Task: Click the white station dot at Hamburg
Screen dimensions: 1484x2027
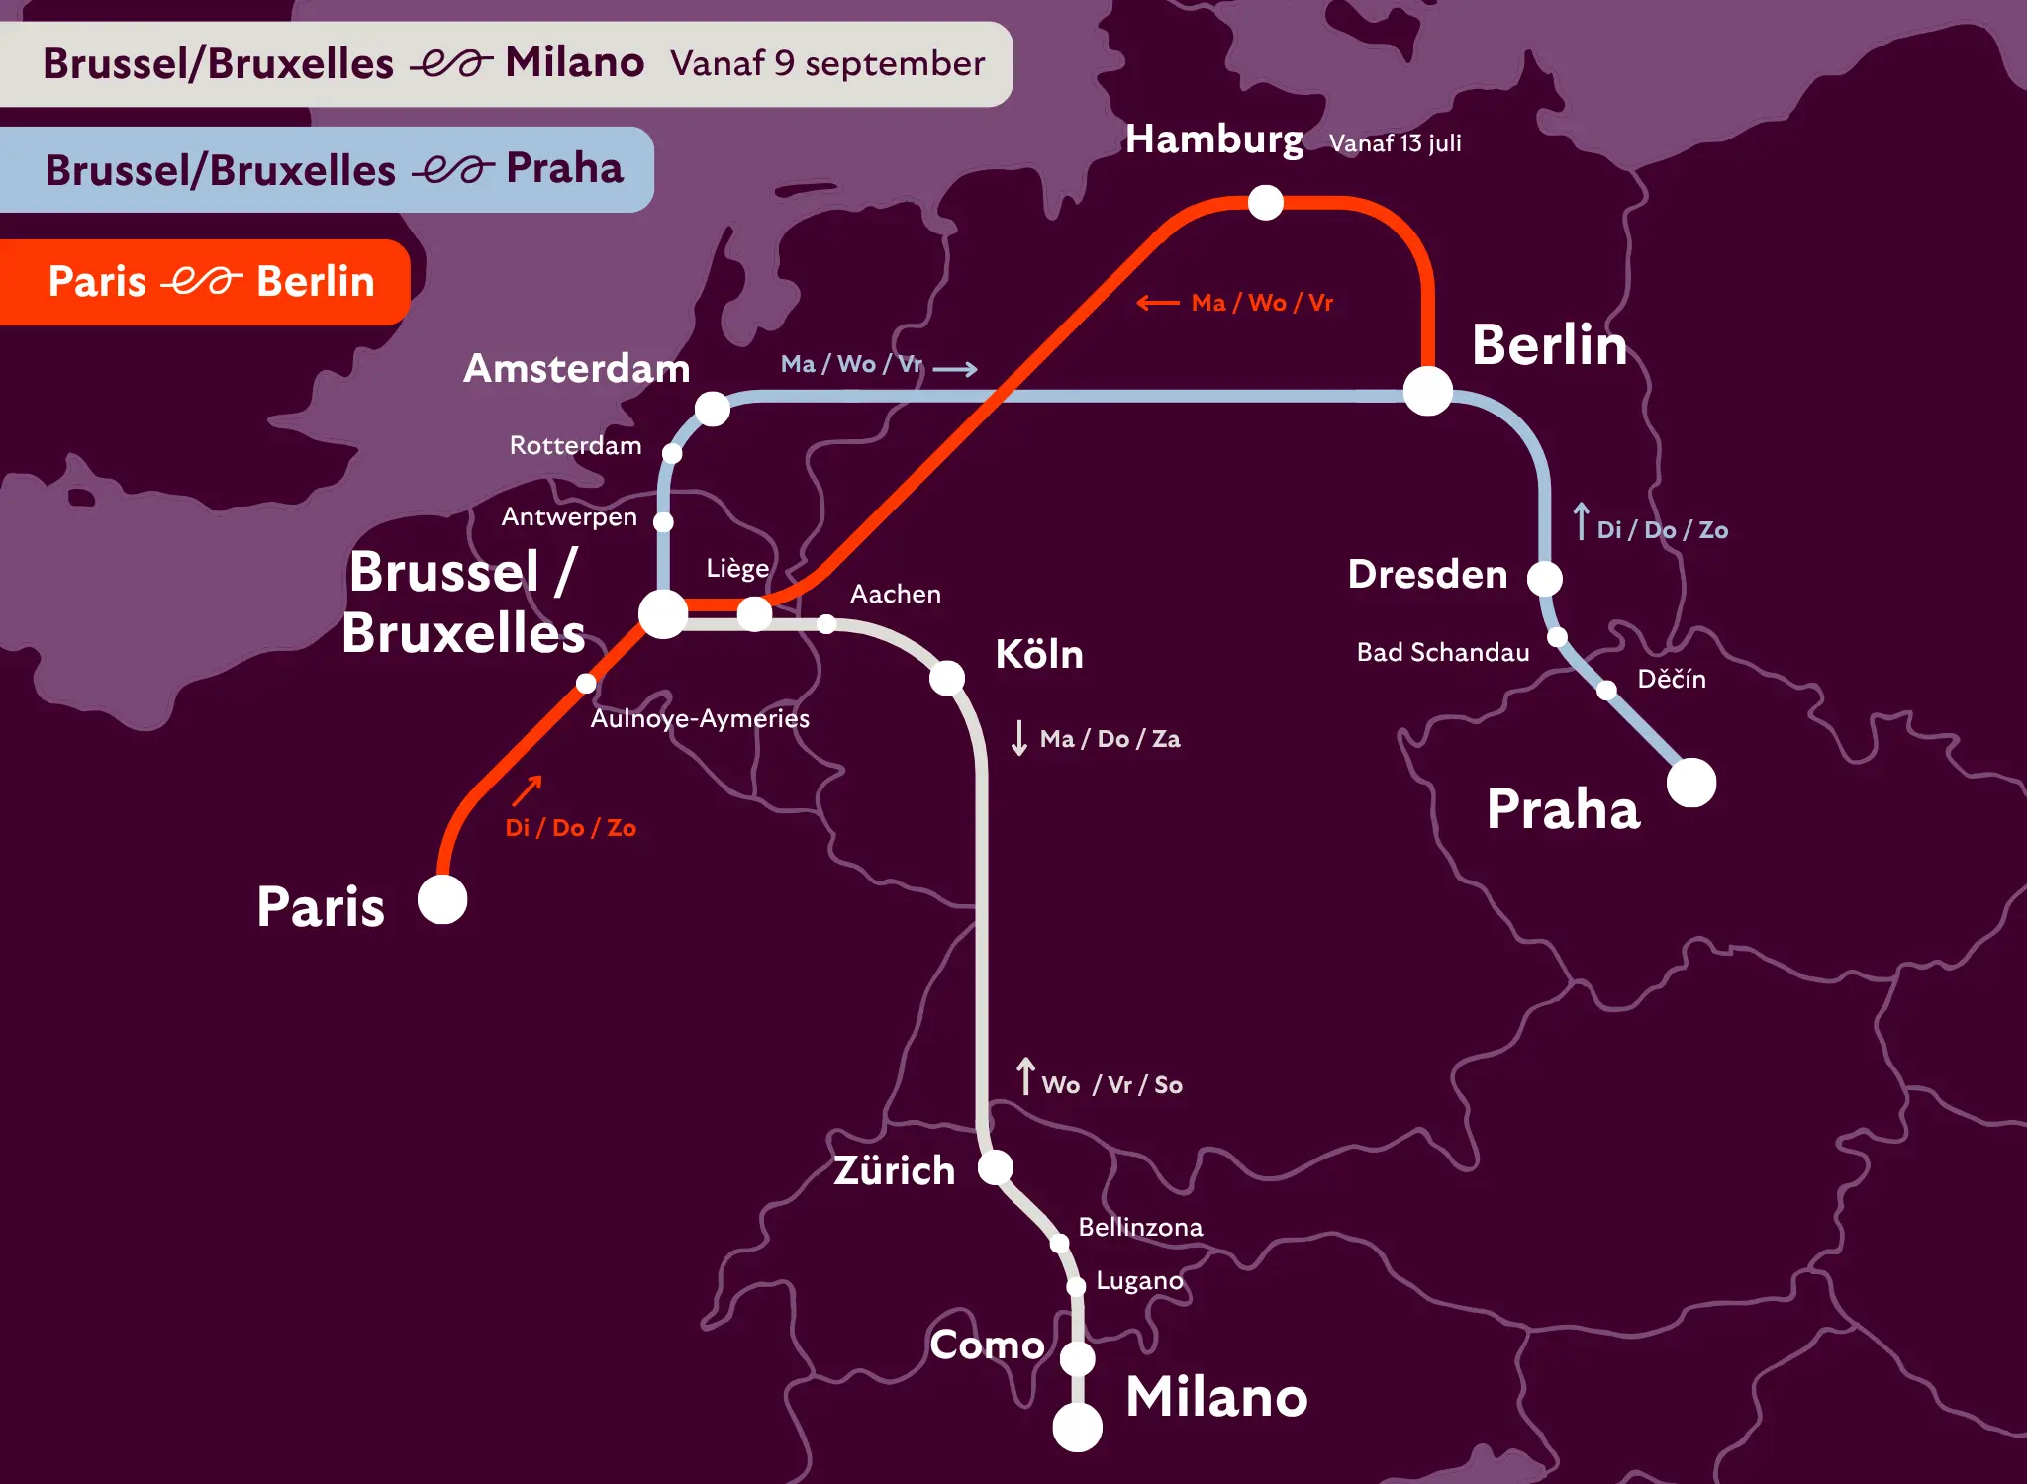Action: point(1265,203)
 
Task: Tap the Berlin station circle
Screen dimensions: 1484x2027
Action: point(1428,391)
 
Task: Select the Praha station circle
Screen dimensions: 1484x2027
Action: point(1691,783)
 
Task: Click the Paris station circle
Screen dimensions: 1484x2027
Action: point(442,899)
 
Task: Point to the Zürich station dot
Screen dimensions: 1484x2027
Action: point(996,1167)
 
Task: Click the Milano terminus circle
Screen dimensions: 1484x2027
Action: point(1078,1427)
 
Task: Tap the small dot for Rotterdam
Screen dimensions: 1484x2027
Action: point(672,453)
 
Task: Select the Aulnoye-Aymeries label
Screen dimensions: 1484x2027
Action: point(700,718)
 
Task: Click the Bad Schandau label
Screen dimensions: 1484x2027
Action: point(1442,652)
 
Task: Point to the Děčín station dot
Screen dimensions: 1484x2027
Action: point(1607,690)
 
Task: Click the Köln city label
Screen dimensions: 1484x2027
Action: point(1038,654)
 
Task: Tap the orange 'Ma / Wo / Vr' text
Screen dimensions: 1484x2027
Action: point(1262,303)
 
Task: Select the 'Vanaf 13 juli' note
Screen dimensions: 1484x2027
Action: point(1395,143)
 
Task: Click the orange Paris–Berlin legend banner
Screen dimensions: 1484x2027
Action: point(205,282)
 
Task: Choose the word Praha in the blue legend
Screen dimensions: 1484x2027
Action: point(564,169)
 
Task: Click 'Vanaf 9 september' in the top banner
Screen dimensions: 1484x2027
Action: point(827,64)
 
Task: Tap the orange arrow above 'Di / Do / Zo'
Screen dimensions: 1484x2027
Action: point(528,790)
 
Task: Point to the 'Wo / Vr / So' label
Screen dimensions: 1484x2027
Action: point(1111,1085)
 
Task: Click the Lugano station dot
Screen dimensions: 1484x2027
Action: point(1076,1286)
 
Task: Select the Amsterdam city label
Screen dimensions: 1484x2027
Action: point(576,368)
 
